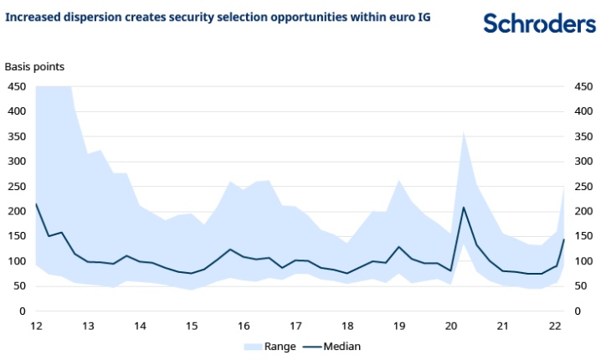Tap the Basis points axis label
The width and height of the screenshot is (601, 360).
pos(35,66)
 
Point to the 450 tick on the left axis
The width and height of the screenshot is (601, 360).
pos(16,86)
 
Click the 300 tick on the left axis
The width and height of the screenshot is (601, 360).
pos(16,162)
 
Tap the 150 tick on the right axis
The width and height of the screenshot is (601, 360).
pos(583,236)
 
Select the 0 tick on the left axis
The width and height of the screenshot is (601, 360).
pos(23,311)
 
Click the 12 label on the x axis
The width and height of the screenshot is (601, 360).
pos(36,326)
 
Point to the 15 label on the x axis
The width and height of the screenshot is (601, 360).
pos(192,326)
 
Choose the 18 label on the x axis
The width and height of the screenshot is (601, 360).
pos(347,326)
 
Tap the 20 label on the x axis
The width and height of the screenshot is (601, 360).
pos(451,326)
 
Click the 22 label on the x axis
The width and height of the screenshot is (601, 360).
pos(555,326)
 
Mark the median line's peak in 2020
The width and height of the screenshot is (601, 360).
pos(464,207)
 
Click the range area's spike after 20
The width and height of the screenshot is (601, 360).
pos(464,131)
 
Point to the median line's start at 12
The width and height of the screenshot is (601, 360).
pos(36,203)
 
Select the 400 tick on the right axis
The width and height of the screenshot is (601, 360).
pos(583,111)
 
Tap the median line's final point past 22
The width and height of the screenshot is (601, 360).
pos(564,239)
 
